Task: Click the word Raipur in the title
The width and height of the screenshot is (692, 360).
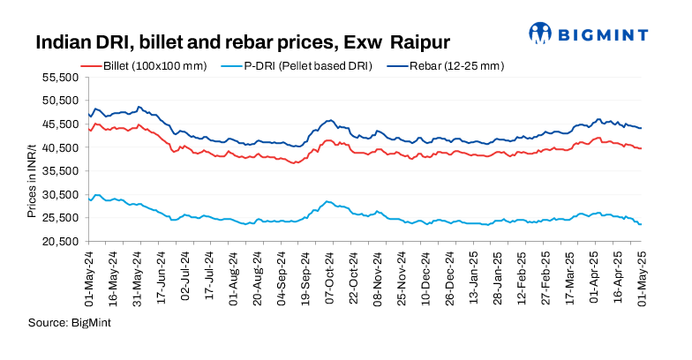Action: [x=420, y=41]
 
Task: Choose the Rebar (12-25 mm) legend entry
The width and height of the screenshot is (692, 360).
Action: [x=455, y=66]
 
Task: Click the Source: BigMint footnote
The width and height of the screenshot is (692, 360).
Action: [x=65, y=323]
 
